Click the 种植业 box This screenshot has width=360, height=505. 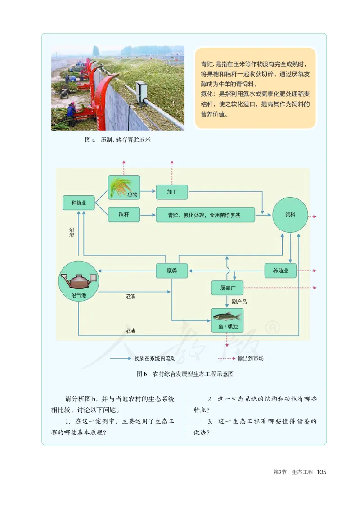click(79, 203)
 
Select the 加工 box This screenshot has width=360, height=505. click(171, 192)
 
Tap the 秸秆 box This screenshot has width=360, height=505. click(124, 215)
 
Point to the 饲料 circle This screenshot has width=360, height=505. click(290, 215)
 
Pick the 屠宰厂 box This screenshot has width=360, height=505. click(227, 288)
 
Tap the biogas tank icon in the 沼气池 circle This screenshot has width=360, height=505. click(78, 281)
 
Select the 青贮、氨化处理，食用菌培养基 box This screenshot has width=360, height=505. click(205, 215)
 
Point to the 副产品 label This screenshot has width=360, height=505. click(239, 302)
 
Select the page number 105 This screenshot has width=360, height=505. click(321, 472)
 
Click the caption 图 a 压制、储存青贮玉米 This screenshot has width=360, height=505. click(118, 140)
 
